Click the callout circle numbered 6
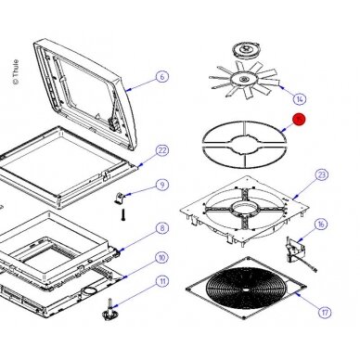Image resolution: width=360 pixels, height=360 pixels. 162,76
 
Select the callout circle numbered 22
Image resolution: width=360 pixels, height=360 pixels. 162,150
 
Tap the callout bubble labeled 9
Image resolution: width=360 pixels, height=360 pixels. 162,185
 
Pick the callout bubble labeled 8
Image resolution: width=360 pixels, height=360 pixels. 162,228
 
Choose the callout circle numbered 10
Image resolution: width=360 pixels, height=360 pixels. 161,258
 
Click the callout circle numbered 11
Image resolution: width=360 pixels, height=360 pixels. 162,281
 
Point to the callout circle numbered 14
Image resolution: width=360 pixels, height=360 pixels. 300,99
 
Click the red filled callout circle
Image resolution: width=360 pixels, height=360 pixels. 299,120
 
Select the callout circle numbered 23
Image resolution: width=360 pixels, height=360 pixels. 322,174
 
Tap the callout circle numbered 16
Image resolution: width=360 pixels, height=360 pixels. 321,225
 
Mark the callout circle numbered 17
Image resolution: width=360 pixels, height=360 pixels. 325,313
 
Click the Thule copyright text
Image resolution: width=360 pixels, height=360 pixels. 16,72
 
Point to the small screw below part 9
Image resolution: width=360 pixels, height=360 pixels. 122,214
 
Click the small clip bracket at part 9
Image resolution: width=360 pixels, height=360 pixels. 119,198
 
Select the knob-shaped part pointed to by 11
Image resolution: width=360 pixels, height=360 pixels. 110,310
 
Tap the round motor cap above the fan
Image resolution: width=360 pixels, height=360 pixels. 247,50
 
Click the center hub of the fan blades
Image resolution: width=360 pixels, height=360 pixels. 244,79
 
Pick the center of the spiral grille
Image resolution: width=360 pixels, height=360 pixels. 246,289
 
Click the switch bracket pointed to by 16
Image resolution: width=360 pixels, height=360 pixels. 296,250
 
